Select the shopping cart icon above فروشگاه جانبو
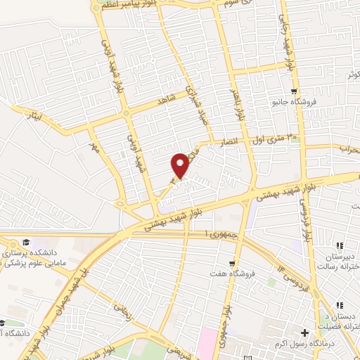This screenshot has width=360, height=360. point(295,91)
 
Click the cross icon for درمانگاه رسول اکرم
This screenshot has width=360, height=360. point(305,332)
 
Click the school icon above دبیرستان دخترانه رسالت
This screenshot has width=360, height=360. point(340,246)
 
